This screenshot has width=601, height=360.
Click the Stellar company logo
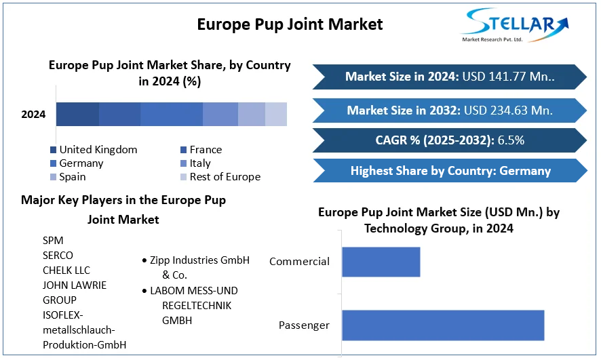coord(516,25)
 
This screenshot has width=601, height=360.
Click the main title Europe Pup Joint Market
coord(290,24)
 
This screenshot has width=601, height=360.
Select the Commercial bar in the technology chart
coord(381,262)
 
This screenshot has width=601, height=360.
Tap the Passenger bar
coord(442,325)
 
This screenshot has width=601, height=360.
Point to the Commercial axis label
coord(299,262)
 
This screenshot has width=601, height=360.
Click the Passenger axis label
coord(304,325)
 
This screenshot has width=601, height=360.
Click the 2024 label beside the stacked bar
coord(33,115)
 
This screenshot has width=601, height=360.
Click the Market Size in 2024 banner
coord(449,77)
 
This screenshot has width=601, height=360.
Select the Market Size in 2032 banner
coord(449,110)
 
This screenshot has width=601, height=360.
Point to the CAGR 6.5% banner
coord(449,140)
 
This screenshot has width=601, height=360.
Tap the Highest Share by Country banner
coord(449,171)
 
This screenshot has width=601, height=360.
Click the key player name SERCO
coord(58,256)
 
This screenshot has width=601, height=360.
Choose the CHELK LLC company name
coord(66,270)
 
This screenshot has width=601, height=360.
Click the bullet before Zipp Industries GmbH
coord(144,261)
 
